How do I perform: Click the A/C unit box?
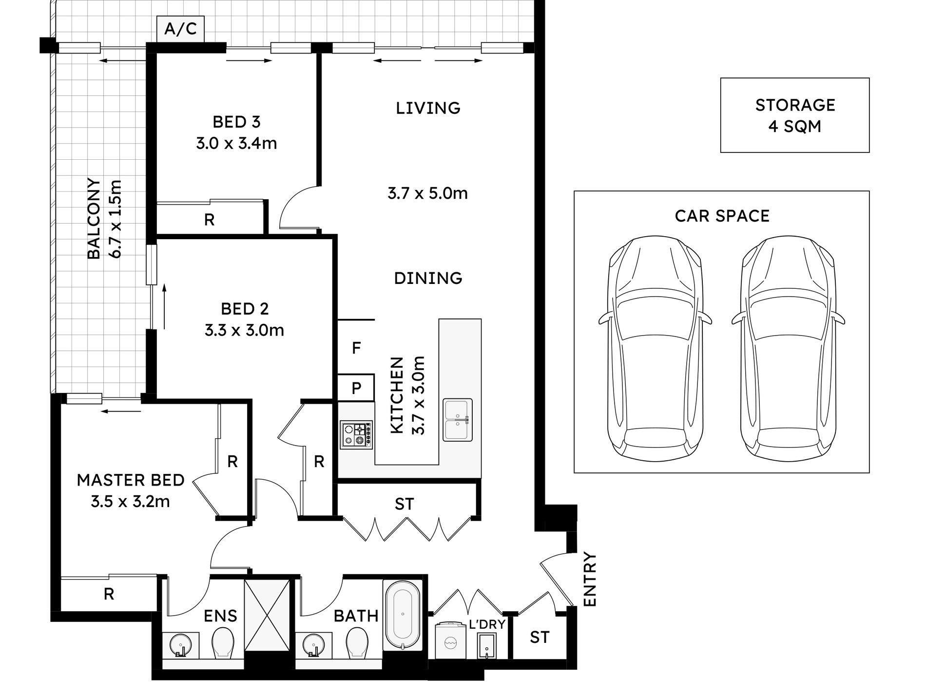[180, 29]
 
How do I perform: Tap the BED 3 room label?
[236, 122]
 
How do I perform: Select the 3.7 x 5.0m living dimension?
[427, 193]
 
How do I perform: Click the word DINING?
[428, 278]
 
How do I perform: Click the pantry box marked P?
[356, 388]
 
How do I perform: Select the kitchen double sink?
[458, 420]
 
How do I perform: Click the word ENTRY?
[590, 579]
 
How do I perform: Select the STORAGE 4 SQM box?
[795, 115]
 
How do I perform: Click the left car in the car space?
[656, 347]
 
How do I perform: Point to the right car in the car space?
[788, 347]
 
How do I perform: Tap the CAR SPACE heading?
[722, 216]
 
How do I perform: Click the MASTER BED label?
[131, 480]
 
